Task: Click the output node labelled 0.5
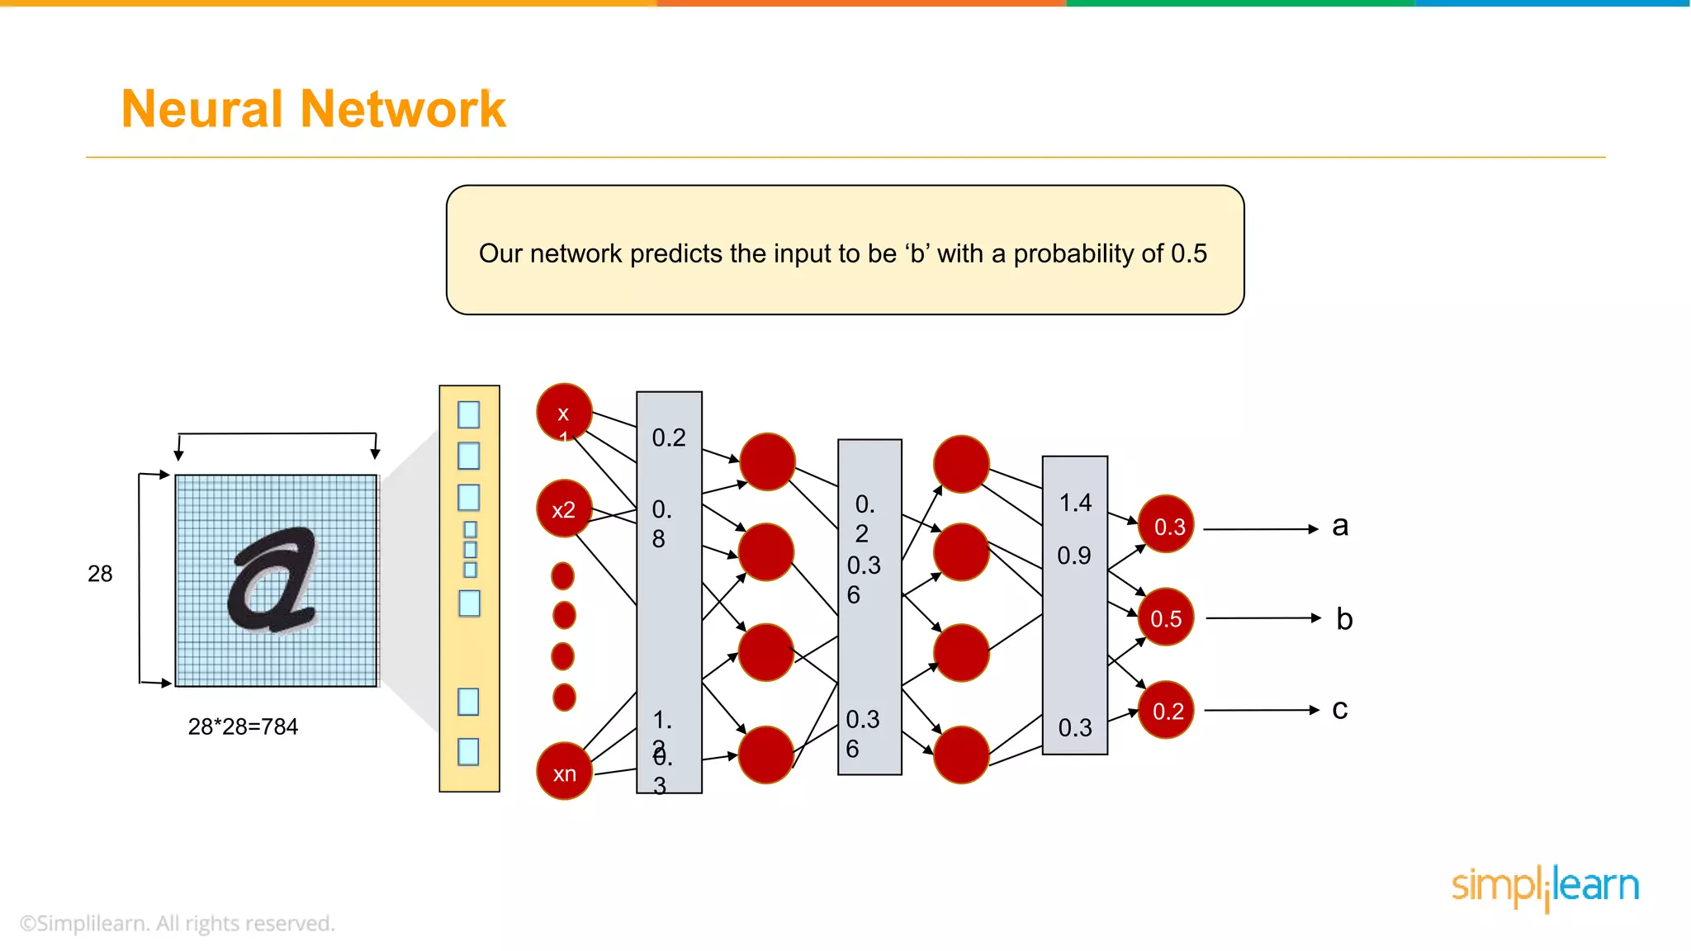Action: pyautogui.click(x=1165, y=618)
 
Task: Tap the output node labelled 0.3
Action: pyautogui.click(x=1167, y=525)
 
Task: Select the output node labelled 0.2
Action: pyautogui.click(x=1167, y=710)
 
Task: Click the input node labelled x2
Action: pyautogui.click(x=564, y=509)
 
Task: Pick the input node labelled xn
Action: pyautogui.click(x=565, y=772)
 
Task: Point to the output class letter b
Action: pyautogui.click(x=1343, y=619)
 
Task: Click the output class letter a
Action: pyautogui.click(x=1340, y=526)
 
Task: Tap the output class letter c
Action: pyautogui.click(x=1339, y=710)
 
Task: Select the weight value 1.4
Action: pyautogui.click(x=1075, y=503)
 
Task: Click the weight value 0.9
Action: pyautogui.click(x=1073, y=556)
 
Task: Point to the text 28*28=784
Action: pyautogui.click(x=243, y=726)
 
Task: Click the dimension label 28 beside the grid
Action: pyautogui.click(x=100, y=574)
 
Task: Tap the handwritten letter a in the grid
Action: pyautogui.click(x=272, y=580)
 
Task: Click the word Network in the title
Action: pyautogui.click(x=403, y=109)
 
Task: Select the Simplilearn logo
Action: pyautogui.click(x=1545, y=887)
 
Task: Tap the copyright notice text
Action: pyautogui.click(x=178, y=923)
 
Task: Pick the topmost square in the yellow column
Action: pyautogui.click(x=468, y=414)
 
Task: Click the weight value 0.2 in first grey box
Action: pyautogui.click(x=669, y=438)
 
